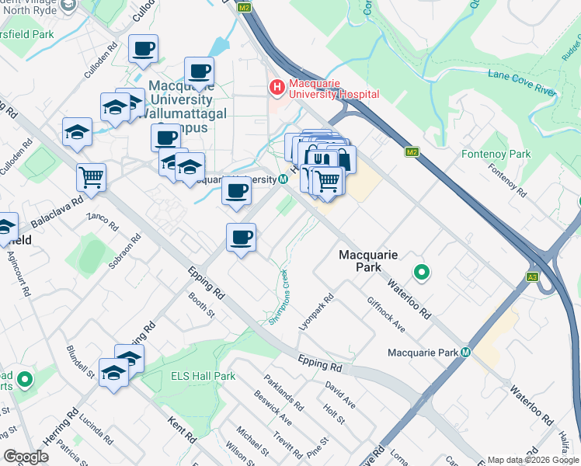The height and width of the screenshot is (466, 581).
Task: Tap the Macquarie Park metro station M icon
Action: coord(466,352)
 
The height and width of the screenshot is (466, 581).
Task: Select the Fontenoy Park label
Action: coord(496,154)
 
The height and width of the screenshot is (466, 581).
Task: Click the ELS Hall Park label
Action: coord(203,376)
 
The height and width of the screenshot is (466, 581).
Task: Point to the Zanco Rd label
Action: coord(102,222)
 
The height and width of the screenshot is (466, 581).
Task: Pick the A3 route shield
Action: coord(532,276)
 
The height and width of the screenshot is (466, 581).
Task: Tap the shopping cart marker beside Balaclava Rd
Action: coord(91,177)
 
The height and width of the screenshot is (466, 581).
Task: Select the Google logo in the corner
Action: coord(26,457)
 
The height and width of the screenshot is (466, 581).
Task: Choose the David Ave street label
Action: coord(340,395)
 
